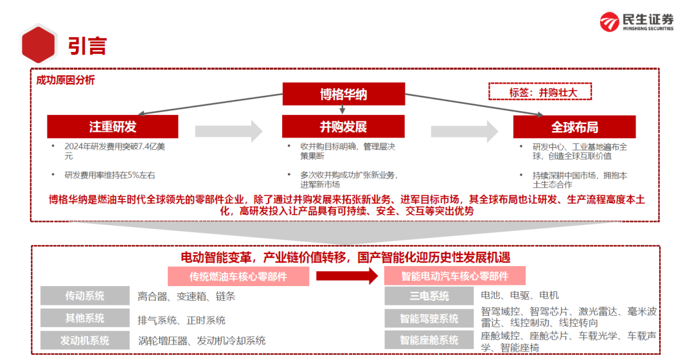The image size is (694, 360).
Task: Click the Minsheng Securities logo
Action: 636,22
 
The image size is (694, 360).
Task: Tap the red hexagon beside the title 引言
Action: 39,45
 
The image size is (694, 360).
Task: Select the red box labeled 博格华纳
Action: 343,94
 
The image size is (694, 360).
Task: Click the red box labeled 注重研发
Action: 112,127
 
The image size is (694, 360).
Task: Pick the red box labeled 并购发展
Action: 343,127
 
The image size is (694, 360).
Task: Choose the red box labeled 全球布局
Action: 574,127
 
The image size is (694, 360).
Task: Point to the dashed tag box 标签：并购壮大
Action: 540,92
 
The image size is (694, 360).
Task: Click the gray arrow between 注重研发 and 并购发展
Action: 229,131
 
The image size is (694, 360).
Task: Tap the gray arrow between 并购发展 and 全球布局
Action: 465,131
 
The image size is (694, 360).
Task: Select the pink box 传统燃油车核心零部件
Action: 238,277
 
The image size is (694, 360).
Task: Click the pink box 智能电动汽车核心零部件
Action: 454,276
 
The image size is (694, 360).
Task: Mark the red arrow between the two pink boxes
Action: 347,276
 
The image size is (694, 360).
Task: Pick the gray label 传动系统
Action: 85,296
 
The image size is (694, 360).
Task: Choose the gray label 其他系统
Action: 85,318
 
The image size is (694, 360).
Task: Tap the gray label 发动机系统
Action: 85,341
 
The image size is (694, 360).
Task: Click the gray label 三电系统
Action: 429,296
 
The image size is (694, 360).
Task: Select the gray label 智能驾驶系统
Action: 429,318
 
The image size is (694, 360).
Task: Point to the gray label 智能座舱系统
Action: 429,340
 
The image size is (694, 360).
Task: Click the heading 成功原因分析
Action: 66,80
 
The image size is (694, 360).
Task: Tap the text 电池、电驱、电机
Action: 520,295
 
